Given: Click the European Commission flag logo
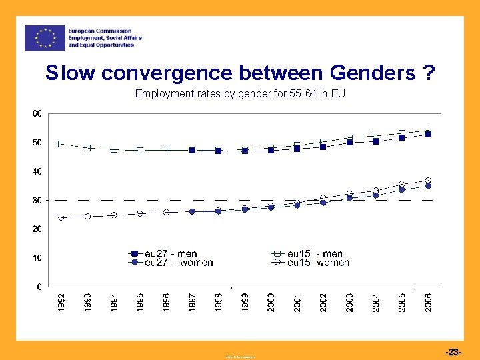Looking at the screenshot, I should pyautogui.click(x=45, y=38).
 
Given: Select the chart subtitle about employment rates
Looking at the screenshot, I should pyautogui.click(x=240, y=93).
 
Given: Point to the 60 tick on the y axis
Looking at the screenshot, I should pyautogui.click(x=36, y=114).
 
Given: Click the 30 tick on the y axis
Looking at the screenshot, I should pyautogui.click(x=36, y=200).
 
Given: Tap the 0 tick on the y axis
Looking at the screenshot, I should pyautogui.click(x=39, y=287).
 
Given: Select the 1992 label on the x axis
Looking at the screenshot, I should pyautogui.click(x=61, y=301).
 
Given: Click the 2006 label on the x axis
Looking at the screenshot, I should pyautogui.click(x=428, y=301).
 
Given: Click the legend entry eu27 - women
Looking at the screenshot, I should pyautogui.click(x=171, y=263).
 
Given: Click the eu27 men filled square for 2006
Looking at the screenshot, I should pyautogui.click(x=428, y=135).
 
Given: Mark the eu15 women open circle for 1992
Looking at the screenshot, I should pyautogui.click(x=61, y=218).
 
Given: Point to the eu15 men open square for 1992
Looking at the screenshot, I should pyautogui.click(x=61, y=143).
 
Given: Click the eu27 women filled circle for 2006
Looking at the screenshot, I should pyautogui.click(x=428, y=186).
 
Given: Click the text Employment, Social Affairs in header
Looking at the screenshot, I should pyautogui.click(x=105, y=38).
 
